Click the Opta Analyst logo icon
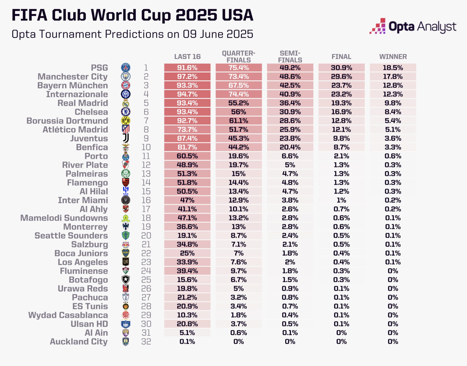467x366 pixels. (x=378, y=26)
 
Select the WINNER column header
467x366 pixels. (x=393, y=57)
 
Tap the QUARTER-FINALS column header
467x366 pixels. (x=239, y=57)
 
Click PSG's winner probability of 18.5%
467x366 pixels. (x=393, y=68)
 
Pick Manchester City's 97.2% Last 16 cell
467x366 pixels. (x=187, y=76)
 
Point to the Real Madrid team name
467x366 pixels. (x=83, y=103)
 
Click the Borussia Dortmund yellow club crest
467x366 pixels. (x=126, y=121)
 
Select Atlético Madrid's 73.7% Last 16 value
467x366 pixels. (x=187, y=130)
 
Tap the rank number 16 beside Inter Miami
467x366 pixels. (x=146, y=200)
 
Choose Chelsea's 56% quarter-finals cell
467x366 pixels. (x=239, y=112)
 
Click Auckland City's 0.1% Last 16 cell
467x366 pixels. (x=187, y=342)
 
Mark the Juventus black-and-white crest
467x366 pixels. (x=126, y=138)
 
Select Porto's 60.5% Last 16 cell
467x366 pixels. (x=187, y=156)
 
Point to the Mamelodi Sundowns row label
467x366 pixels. (x=64, y=218)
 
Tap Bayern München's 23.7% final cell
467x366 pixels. (x=341, y=85)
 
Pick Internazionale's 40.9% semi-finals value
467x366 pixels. (x=290, y=94)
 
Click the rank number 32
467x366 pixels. (x=146, y=342)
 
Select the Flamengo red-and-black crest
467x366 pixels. (x=126, y=183)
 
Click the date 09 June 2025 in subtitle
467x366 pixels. (x=218, y=34)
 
